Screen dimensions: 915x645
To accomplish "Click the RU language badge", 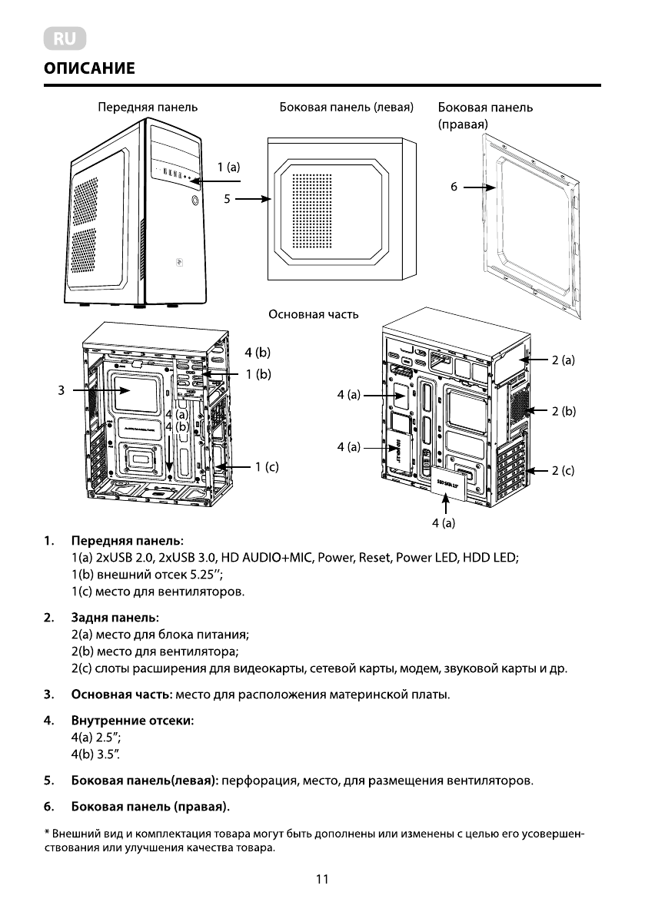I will tap(64, 38).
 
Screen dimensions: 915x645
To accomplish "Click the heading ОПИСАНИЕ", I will tap(89, 69).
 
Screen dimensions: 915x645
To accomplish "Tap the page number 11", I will tap(322, 880).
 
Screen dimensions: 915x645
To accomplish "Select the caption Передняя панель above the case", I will tap(147, 108).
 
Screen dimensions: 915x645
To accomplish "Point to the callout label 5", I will tap(227, 199).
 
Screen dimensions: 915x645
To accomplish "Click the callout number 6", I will tap(454, 186).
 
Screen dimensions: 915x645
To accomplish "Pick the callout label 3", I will tap(60, 390).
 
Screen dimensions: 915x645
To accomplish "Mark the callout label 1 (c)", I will tap(267, 466).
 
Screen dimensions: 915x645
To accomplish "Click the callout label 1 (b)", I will tap(258, 373).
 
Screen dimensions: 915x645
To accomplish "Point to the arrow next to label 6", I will tap(480, 186).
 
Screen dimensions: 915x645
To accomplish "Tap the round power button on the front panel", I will tap(195, 201).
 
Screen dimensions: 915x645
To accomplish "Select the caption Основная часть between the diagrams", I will tap(313, 314).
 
